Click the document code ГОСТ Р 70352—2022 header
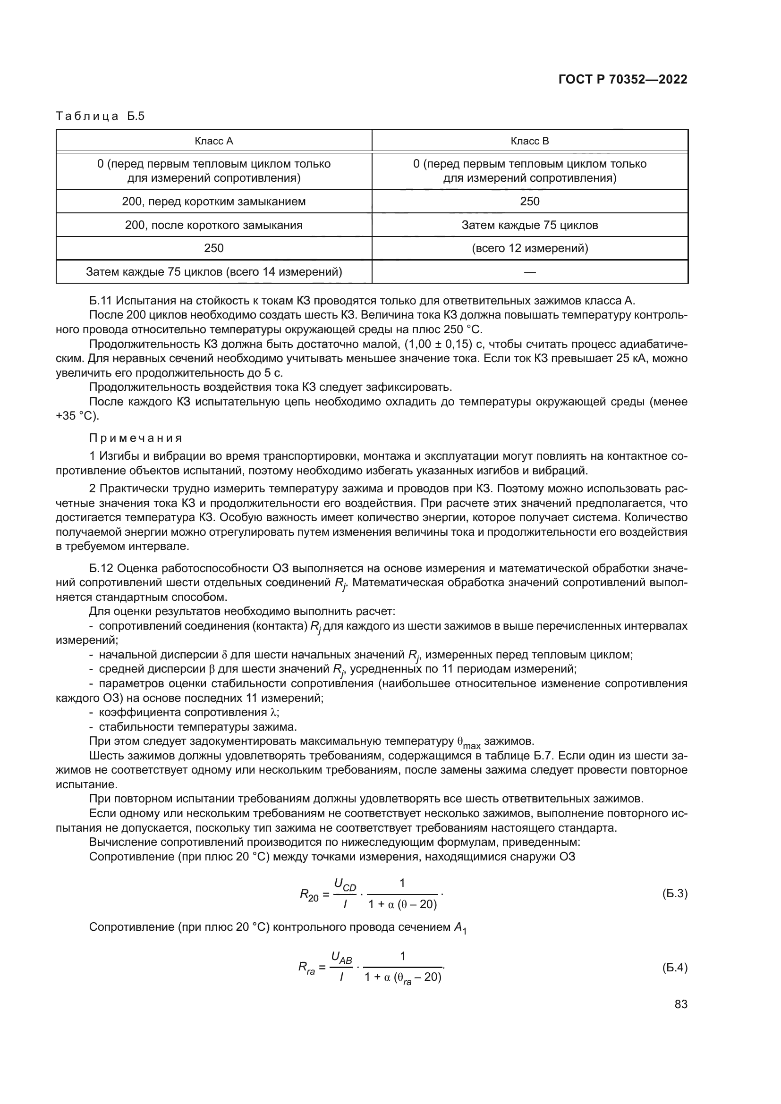623,79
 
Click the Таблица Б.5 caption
100,117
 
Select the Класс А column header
213,141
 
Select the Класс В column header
529,141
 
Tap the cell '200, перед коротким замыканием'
213,202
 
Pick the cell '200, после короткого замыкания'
213,225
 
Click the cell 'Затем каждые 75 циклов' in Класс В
529,225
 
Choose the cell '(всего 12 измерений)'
529,248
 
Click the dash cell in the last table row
529,272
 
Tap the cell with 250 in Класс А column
213,248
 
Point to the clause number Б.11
100,301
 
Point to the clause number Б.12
100,568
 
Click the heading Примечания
136,438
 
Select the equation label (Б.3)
674,894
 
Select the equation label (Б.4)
674,968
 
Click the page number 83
680,1004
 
